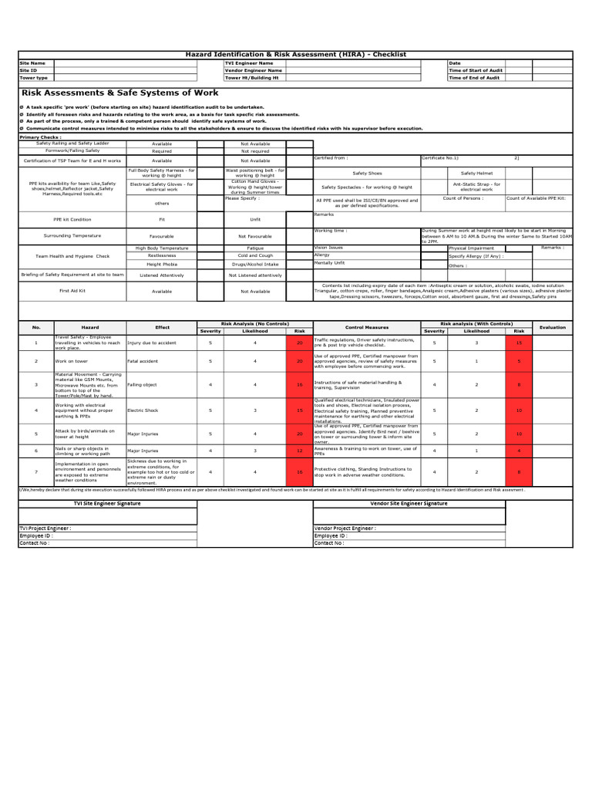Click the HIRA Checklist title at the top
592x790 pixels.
(x=297, y=55)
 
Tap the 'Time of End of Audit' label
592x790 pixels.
(x=473, y=78)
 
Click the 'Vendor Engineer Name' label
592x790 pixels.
(x=254, y=70)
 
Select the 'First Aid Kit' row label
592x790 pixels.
(x=72, y=291)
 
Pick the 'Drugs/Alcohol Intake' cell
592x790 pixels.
(x=255, y=263)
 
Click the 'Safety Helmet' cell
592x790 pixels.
(x=476, y=174)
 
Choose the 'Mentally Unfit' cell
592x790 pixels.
(x=329, y=262)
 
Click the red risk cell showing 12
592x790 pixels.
(x=300, y=451)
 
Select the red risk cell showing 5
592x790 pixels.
(x=519, y=361)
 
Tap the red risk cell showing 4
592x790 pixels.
(x=519, y=451)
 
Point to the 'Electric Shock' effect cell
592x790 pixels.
(x=143, y=410)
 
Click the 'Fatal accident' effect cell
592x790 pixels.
(x=143, y=361)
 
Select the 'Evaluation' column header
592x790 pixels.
(x=552, y=327)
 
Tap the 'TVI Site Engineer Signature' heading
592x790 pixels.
(x=107, y=503)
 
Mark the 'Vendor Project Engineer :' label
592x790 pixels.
(x=345, y=528)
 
